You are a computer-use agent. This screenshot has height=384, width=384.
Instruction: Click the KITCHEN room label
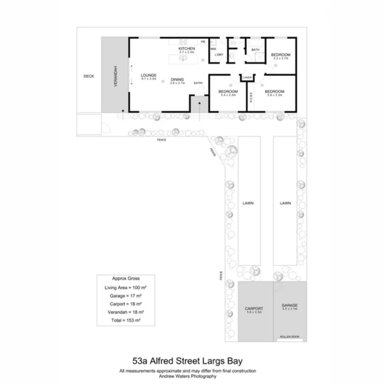pyautogui.click(x=187, y=48)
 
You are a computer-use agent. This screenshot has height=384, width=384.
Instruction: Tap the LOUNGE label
pyautogui.click(x=149, y=75)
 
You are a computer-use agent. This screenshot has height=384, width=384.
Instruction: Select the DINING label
pyautogui.click(x=177, y=79)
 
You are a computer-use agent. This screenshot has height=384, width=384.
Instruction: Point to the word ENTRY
pyautogui.click(x=198, y=83)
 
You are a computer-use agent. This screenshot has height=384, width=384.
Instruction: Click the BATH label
pyautogui.click(x=255, y=50)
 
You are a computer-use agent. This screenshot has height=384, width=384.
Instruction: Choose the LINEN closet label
pyautogui.click(x=247, y=78)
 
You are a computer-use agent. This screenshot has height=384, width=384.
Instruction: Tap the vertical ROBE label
pyautogui.click(x=251, y=98)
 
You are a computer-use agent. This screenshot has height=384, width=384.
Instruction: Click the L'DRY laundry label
pyautogui.click(x=219, y=54)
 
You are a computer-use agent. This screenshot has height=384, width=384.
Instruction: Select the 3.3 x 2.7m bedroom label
pyautogui.click(x=281, y=55)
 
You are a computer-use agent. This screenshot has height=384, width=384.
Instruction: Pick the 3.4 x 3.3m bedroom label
pyautogui.click(x=228, y=92)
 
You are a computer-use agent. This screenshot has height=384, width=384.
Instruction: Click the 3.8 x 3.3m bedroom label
pyautogui.click(x=274, y=92)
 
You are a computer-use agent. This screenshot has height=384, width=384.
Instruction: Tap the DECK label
pyautogui.click(x=89, y=76)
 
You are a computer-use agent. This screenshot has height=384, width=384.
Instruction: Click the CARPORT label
pyautogui.click(x=254, y=309)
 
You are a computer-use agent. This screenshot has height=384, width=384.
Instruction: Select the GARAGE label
pyautogui.click(x=289, y=305)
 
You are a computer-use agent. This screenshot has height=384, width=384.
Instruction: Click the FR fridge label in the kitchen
pyautogui.click(x=203, y=42)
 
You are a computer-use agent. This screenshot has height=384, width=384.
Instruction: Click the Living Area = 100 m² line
pyautogui.click(x=126, y=287)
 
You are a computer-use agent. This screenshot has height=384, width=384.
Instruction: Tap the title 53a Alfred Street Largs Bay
pyautogui.click(x=187, y=361)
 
